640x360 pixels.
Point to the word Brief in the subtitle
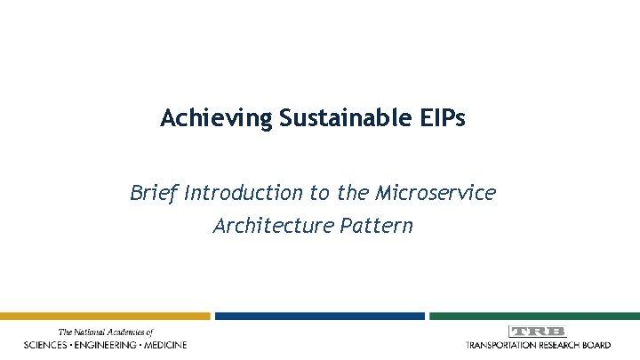(x=154, y=191)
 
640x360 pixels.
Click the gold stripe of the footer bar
(x=105, y=316)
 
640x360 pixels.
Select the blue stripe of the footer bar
(x=319, y=316)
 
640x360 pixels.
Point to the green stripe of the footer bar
(x=534, y=316)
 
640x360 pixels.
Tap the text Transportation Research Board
(x=537, y=344)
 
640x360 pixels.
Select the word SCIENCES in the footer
(x=50, y=344)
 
